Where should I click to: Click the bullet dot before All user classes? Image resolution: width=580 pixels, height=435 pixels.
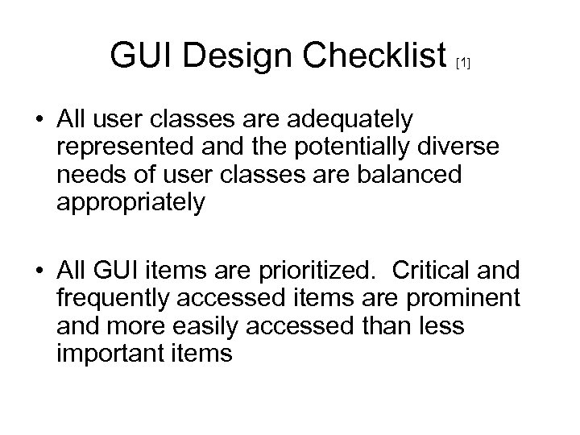click(x=39, y=120)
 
